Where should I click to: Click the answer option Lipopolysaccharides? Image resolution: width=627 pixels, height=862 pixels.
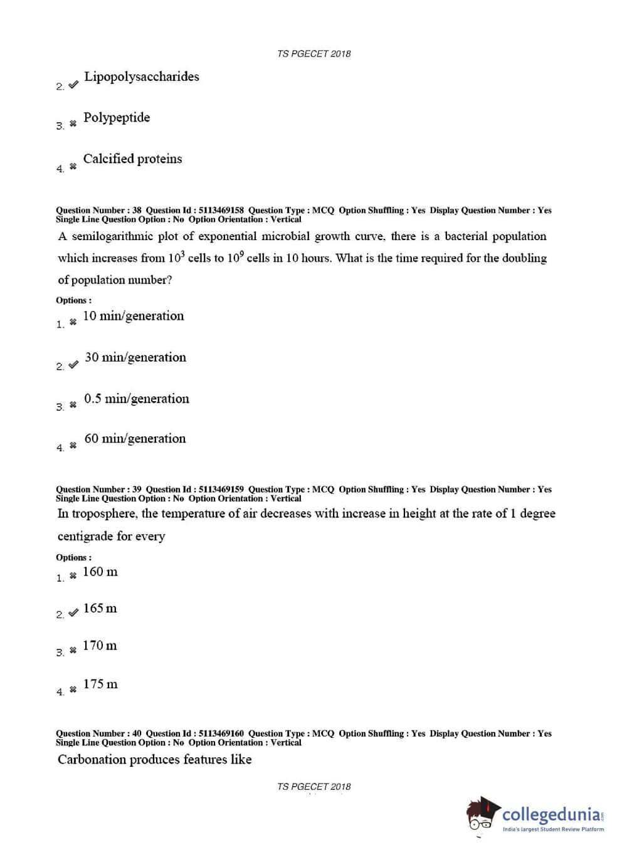(142, 77)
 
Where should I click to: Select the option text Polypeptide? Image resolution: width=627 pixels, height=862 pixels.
(117, 118)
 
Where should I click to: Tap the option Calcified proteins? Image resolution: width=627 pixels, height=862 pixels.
(132, 159)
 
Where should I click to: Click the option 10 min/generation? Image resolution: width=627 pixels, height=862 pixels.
(134, 316)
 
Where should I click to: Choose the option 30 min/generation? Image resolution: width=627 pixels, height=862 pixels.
(135, 357)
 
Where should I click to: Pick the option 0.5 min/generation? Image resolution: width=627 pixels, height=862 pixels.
(136, 399)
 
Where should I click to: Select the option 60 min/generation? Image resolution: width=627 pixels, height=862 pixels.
(135, 439)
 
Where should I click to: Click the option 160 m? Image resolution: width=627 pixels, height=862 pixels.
(100, 572)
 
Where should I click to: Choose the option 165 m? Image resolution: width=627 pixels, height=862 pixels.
(100, 609)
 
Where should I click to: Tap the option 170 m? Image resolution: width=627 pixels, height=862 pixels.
(100, 646)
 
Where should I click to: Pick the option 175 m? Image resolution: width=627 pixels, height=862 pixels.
(100, 684)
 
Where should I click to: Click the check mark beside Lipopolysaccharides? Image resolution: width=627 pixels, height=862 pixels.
(73, 84)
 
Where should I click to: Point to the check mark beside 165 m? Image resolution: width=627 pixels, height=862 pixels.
(73, 612)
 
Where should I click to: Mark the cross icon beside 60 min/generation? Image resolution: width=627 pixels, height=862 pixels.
(73, 446)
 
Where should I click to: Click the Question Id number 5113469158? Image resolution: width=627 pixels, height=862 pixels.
(221, 211)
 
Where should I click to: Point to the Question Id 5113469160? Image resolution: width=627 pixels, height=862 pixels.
(221, 733)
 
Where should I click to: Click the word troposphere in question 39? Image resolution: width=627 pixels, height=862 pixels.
(105, 514)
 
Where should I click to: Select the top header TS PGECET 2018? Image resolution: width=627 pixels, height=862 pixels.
(313, 54)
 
